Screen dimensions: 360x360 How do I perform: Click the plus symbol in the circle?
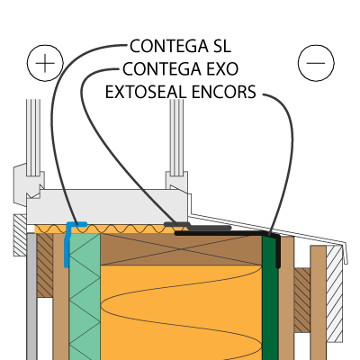tap(45, 63)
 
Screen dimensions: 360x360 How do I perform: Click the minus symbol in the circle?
tap(316, 63)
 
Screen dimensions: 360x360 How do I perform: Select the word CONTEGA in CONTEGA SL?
tap(169, 46)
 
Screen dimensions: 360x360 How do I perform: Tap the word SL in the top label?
tap(221, 46)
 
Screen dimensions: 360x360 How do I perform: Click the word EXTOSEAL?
tap(146, 92)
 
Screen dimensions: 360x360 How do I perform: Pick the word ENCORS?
tap(224, 92)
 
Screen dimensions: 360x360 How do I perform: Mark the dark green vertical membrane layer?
tap(270, 297)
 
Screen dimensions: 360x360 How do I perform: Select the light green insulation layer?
tap(85, 297)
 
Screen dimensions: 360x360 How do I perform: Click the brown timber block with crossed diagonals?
tap(181, 249)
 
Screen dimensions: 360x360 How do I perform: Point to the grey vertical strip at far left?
tap(31, 297)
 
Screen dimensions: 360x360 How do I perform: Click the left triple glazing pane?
tap(33, 138)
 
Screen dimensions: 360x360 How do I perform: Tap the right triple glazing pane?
tap(176, 138)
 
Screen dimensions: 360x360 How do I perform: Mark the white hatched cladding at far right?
tap(334, 293)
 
